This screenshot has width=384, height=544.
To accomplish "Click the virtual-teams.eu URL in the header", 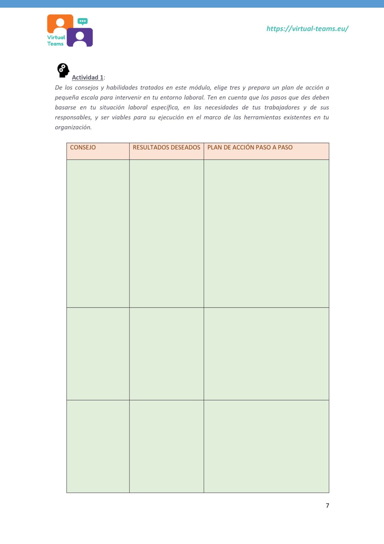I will coord(307,29).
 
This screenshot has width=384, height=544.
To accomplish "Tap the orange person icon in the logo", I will coord(60,23).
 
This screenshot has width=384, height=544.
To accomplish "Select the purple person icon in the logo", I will coord(80,37).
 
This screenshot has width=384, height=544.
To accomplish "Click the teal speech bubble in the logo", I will coord(82,21).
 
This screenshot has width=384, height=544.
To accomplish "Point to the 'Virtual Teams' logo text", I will coord(56,41).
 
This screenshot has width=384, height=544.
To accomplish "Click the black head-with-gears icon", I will coord(63,70).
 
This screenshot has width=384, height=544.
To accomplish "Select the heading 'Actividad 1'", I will coord(88,77).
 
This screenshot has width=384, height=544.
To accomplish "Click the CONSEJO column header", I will coord(83,147).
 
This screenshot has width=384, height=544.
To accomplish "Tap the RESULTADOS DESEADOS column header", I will coord(166,147).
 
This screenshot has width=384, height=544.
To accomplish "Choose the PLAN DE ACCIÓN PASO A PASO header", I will coord(250,147).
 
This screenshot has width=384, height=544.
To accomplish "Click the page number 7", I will coord(327,505).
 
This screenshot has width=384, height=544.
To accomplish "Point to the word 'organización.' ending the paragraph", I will coord(73,127).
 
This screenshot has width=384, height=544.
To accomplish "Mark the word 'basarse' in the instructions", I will coord(65,108).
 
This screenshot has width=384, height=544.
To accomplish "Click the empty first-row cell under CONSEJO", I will coord(98,233).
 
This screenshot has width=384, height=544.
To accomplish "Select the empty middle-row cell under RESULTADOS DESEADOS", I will coord(166,354).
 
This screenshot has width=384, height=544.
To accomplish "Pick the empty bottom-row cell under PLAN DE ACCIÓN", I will coord(266,447).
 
